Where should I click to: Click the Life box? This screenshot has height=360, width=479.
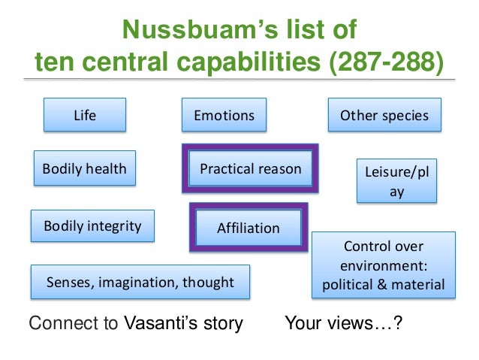85,116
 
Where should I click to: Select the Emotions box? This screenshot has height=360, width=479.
224,116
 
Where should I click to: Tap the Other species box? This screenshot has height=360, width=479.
384,116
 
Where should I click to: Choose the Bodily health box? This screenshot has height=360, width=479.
84,169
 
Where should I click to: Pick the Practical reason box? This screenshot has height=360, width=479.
250,169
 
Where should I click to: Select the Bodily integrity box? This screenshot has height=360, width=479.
92,225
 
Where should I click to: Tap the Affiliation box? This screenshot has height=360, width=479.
248,228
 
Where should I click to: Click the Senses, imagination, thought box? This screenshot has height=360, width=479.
140,283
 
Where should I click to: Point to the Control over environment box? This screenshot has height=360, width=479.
383,265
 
